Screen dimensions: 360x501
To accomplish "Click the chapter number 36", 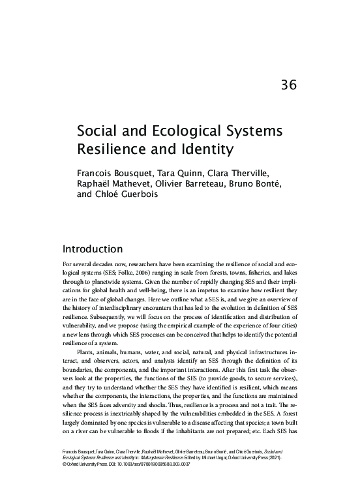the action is click(289, 85).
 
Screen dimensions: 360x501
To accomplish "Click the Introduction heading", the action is click(92, 249).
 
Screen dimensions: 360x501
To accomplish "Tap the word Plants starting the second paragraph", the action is click(87, 352).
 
